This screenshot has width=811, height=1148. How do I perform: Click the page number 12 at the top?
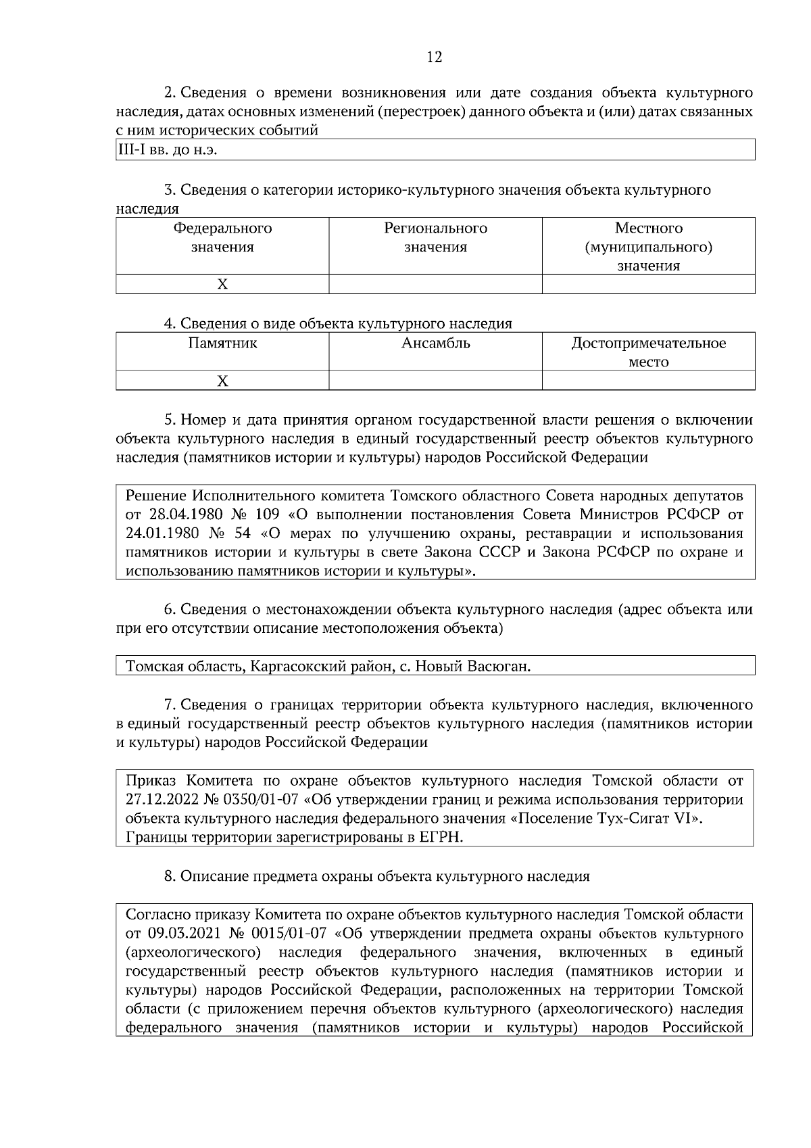(x=435, y=57)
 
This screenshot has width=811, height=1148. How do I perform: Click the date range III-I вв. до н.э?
(x=167, y=149)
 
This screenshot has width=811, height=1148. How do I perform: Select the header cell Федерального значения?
(x=222, y=238)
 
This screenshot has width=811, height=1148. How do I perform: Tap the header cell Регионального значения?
(x=435, y=238)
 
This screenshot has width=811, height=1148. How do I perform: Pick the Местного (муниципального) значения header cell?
(x=648, y=247)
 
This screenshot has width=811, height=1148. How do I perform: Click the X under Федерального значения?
(x=222, y=285)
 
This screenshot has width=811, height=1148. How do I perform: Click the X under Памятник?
(x=222, y=381)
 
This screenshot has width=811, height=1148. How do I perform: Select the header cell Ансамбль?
(x=435, y=343)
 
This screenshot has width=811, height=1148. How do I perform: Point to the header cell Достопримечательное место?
(x=648, y=352)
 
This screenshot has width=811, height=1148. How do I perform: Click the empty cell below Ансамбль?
(x=435, y=381)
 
